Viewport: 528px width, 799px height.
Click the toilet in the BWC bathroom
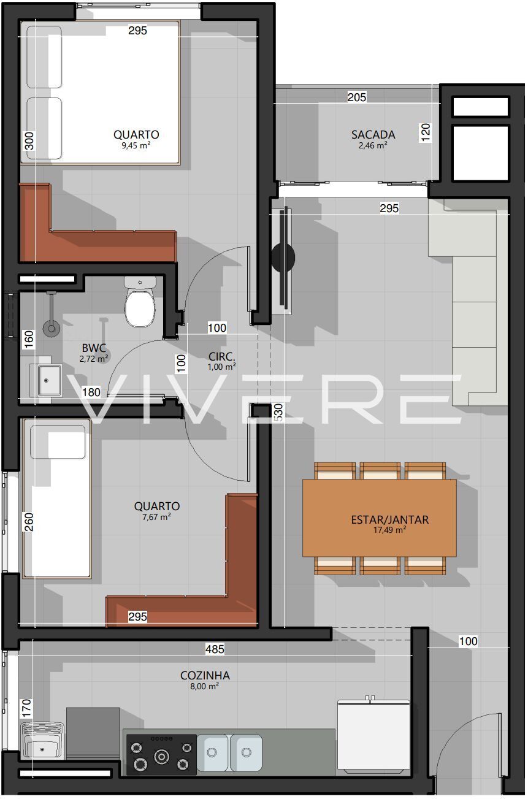pos(140,302)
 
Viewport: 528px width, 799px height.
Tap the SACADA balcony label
pos(373,135)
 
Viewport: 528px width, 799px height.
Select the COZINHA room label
pos(205,675)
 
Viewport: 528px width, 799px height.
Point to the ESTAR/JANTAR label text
pos(389,520)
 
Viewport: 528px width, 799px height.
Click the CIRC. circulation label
pos(221,356)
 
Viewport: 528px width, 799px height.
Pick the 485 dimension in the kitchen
pos(215,649)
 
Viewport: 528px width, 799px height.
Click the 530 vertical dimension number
pos(278,412)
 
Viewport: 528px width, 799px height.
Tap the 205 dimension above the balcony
pos(357,97)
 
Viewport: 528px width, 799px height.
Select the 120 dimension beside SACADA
pos(426,132)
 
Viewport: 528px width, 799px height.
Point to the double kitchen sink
pos(229,752)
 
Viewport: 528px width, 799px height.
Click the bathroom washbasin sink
pos(46,381)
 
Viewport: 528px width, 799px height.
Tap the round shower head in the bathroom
pos(52,328)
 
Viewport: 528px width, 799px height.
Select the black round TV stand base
pos(283,258)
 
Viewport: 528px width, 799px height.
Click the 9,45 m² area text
pos(136,145)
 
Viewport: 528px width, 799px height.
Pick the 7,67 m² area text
pos(156,517)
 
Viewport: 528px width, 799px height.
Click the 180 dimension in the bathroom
pos(91,392)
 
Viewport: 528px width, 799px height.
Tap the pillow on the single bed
pos(58,442)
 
